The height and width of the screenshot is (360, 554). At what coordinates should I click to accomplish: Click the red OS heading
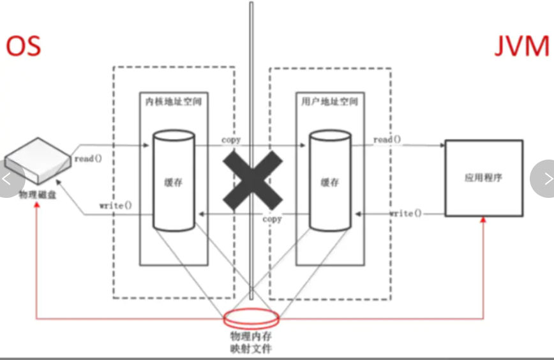pyautogui.click(x=24, y=46)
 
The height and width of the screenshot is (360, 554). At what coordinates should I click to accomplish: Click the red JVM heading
pyautogui.click(x=521, y=47)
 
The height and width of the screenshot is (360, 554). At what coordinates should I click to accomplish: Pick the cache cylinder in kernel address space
pyautogui.click(x=173, y=181)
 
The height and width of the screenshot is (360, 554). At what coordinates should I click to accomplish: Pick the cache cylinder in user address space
pyautogui.click(x=329, y=181)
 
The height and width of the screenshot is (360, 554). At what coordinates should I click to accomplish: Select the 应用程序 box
pyautogui.click(x=483, y=178)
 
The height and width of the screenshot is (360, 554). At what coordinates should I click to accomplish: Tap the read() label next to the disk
pyautogui.click(x=88, y=158)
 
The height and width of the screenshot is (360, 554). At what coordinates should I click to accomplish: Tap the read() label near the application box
pyautogui.click(x=387, y=140)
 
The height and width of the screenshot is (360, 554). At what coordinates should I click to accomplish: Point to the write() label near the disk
pyautogui.click(x=116, y=206)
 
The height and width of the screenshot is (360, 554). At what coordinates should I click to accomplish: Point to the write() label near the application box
pyautogui.click(x=406, y=213)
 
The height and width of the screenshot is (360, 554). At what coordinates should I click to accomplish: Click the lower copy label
pyautogui.click(x=273, y=220)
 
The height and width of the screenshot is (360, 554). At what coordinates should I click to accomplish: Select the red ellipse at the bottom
pyautogui.click(x=252, y=318)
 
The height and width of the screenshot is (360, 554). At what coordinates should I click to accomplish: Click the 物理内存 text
pyautogui.click(x=251, y=336)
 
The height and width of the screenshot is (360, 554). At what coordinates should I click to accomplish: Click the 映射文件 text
pyautogui.click(x=251, y=349)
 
